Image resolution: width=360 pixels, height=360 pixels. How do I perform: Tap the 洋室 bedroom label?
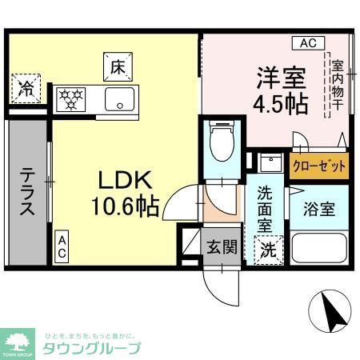click(280, 78)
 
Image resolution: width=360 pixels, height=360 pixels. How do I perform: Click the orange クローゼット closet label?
click(320, 166)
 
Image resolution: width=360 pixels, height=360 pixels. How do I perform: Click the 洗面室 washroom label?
click(266, 209)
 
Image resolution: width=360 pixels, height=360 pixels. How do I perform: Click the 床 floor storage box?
click(116, 67)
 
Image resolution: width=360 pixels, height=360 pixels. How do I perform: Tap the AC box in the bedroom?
click(308, 43)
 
